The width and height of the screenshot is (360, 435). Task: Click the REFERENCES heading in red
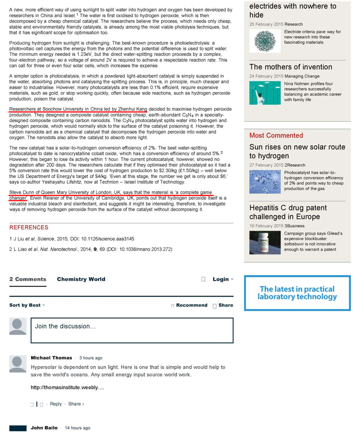point(29,228)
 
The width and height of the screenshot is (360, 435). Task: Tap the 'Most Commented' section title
point(276,136)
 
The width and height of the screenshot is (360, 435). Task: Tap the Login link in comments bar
point(221,279)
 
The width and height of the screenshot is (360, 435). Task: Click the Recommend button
point(191,305)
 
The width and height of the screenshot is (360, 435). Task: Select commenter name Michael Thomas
point(51,358)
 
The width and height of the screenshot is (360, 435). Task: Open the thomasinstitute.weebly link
point(68,387)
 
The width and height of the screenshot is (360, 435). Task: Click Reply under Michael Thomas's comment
point(56,404)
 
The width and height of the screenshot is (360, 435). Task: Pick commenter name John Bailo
point(44,428)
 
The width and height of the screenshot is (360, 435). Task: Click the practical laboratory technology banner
point(297,293)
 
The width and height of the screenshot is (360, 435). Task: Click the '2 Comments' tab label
point(28,279)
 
